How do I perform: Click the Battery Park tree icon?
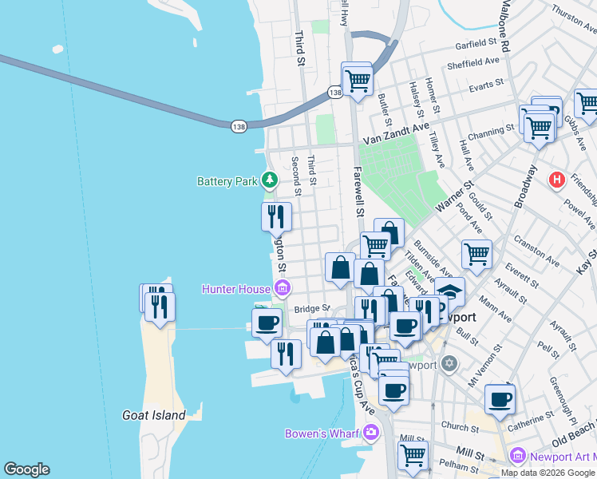click(x=270, y=181)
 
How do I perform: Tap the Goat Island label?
click(x=154, y=415)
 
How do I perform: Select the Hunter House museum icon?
click(x=281, y=288)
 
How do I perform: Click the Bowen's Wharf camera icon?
click(x=370, y=433)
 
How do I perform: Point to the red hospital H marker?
click(x=557, y=181)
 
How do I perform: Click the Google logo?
click(x=26, y=469)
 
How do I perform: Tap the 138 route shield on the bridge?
click(x=239, y=126)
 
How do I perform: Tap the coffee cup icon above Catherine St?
click(x=500, y=399)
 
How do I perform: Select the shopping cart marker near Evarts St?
click(x=358, y=80)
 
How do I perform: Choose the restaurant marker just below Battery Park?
click(x=276, y=216)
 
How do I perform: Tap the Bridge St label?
click(x=311, y=308)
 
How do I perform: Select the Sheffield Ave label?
click(x=473, y=61)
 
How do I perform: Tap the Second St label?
click(x=295, y=176)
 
